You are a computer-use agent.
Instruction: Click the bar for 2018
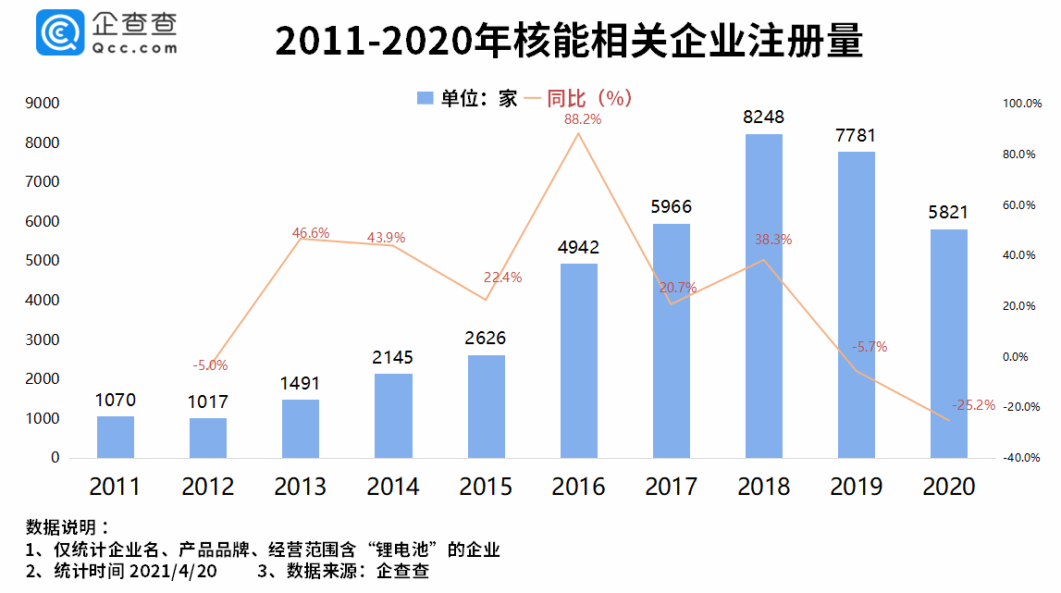click(x=764, y=296)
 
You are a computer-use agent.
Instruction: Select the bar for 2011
click(x=116, y=437)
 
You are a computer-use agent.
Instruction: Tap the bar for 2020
click(x=949, y=343)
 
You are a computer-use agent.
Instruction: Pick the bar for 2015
click(x=487, y=406)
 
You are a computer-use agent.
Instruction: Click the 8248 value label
click(x=764, y=117)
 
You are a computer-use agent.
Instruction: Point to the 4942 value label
click(x=579, y=247)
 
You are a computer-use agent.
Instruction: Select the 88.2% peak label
click(x=583, y=119)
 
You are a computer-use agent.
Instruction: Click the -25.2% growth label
click(x=973, y=404)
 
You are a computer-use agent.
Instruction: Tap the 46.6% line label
click(x=311, y=233)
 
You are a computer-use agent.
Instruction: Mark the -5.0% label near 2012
click(x=210, y=365)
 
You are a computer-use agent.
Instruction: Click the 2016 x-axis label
click(x=579, y=487)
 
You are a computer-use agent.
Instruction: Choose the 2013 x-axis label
click(x=301, y=487)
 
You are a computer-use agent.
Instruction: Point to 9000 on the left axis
click(x=43, y=104)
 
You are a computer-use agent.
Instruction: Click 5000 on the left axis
click(x=43, y=261)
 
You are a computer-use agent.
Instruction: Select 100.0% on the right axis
click(x=1020, y=105)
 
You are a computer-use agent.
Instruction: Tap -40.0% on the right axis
click(x=1020, y=458)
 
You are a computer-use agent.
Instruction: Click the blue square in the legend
click(x=425, y=98)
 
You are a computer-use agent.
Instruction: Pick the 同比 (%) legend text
click(x=589, y=98)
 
